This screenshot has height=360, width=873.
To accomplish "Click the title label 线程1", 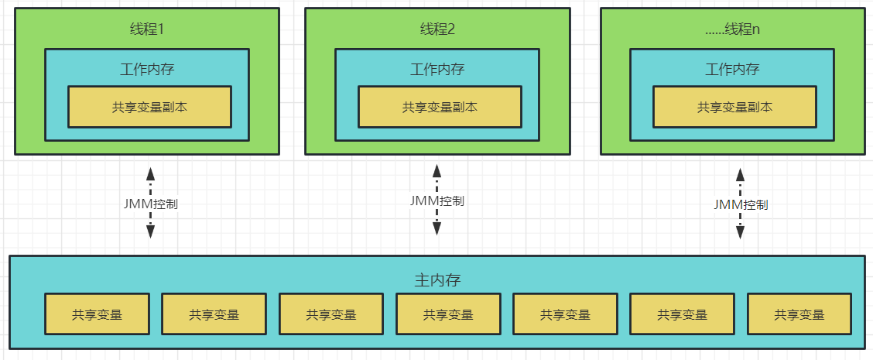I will (x=147, y=29).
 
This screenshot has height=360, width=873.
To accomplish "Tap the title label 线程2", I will (x=437, y=29).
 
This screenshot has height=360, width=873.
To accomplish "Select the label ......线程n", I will (x=733, y=29).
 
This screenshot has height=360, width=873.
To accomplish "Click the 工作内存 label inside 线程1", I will (x=147, y=69).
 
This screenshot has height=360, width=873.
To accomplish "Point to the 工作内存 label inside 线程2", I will (x=437, y=69).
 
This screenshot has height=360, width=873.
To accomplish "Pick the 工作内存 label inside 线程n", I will (x=732, y=69).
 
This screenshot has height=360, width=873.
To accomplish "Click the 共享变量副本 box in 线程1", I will (x=149, y=107).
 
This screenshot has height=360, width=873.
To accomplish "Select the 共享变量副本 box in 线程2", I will (x=440, y=107).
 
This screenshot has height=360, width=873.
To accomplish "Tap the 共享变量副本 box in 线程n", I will (x=734, y=107).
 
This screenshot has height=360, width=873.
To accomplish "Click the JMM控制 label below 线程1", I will (x=151, y=204).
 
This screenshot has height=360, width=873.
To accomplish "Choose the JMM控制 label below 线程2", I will (x=437, y=201).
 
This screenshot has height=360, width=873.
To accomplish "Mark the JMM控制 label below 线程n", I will (x=741, y=204).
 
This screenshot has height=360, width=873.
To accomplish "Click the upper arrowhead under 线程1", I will (x=151, y=173).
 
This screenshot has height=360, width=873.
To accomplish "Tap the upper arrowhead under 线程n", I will (x=741, y=174).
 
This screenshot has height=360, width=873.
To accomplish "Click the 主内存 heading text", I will (x=437, y=279).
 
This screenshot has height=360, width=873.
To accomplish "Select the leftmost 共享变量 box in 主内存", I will (x=97, y=314).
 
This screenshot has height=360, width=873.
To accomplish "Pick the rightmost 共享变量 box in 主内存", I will (x=799, y=314).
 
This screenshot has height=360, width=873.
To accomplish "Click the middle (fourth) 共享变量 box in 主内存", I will (x=448, y=314).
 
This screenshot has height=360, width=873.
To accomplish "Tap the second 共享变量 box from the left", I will (x=214, y=314).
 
